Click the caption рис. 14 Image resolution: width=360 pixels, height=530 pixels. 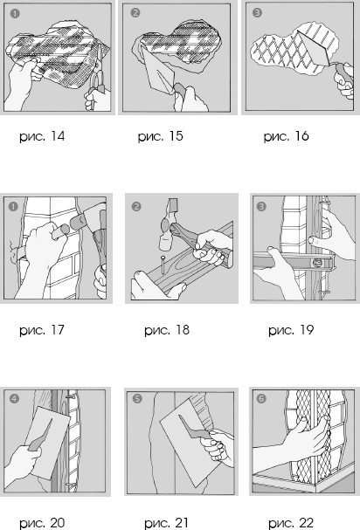coord(42,136)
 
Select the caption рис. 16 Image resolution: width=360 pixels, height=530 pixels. coord(287,136)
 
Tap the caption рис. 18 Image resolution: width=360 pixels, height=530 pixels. coord(167,330)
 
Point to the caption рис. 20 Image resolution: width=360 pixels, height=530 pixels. coord(42,523)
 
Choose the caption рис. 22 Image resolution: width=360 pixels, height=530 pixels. coord(291,523)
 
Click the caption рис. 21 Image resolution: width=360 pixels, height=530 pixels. coord(167,523)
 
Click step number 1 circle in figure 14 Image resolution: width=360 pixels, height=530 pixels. coord(15,13)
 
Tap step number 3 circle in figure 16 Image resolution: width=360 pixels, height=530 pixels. coord(257,13)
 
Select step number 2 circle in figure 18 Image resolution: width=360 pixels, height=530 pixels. coord(136,207)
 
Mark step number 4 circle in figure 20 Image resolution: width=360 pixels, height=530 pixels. coord(14,399)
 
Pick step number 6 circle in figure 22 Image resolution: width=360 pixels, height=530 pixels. coord(261,399)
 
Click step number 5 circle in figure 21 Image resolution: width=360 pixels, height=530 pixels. coord(137,399)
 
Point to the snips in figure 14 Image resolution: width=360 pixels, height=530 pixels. coord(96,85)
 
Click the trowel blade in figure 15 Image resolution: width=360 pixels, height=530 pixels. coord(158,72)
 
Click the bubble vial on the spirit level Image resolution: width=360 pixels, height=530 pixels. coord(318,262)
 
